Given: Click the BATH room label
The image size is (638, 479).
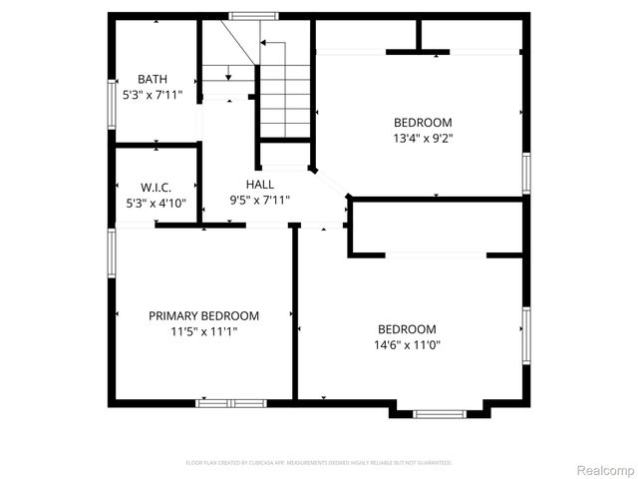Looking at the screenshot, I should (153, 80).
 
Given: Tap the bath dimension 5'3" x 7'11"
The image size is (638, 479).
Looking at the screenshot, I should (153, 96).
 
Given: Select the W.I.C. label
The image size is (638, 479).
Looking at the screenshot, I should (156, 187).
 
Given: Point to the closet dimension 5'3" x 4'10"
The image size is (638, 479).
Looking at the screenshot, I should (156, 203).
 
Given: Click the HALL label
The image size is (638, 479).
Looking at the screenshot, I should (260, 184).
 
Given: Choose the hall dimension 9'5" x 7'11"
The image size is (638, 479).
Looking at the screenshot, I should (260, 200).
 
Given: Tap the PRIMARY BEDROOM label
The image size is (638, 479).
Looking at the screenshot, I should (203, 315).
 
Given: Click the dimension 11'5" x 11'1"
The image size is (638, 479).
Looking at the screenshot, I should (203, 331).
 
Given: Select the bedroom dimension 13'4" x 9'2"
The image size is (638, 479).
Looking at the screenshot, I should (423, 140).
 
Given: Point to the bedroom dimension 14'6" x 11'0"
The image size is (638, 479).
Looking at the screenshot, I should (407, 345).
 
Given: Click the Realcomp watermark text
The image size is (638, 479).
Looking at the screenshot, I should (605, 469).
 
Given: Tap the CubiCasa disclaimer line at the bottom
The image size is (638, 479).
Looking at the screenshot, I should (319, 463).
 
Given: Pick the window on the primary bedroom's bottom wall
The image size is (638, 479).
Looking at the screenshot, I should (230, 403).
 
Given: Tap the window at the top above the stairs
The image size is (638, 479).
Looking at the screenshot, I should (246, 16).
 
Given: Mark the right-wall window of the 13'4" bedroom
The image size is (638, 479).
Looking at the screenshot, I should (525, 173).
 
